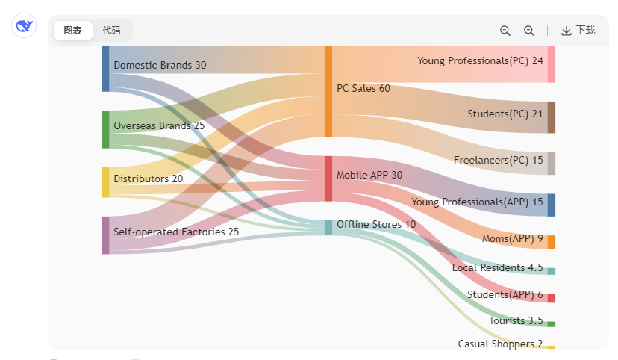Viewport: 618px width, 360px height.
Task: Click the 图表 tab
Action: [72, 31]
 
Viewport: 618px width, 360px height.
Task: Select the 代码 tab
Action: [111, 31]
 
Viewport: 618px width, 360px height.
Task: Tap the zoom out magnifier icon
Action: [505, 31]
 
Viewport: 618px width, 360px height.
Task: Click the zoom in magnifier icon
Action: [529, 31]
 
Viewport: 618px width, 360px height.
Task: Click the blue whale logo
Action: [25, 26]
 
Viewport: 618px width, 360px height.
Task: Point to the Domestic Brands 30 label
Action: [160, 66]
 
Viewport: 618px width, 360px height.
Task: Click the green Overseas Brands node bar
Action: [105, 129]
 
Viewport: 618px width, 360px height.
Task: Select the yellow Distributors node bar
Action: [105, 182]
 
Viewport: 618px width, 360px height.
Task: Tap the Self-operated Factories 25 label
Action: [176, 232]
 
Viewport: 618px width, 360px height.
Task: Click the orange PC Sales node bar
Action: [328, 91]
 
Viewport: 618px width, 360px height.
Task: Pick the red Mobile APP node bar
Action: [328, 179]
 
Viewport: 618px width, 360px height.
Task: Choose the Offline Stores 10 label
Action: [376, 224]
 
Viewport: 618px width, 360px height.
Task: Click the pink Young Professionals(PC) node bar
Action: [551, 63]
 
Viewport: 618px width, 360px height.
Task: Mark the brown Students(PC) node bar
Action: [551, 117]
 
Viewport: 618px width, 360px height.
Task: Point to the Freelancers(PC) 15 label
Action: [498, 161]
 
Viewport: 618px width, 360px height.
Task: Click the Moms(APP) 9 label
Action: [512, 238]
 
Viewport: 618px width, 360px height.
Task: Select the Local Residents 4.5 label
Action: [497, 268]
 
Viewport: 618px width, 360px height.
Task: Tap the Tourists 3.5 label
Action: [516, 321]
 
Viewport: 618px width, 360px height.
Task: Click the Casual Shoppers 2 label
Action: [500, 344]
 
